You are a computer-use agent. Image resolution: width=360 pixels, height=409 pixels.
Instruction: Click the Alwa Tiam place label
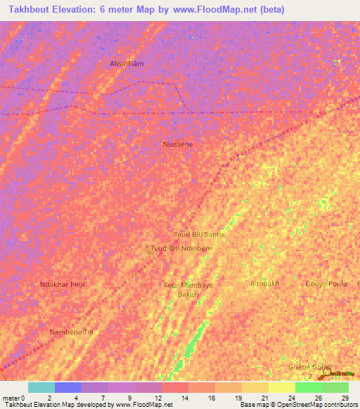[x=127, y=64]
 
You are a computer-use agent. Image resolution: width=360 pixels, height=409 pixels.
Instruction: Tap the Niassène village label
[x=177, y=144]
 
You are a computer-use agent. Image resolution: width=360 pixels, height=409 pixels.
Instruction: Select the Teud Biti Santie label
[x=199, y=234]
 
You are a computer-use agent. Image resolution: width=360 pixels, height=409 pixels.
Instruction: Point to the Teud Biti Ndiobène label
[x=182, y=248]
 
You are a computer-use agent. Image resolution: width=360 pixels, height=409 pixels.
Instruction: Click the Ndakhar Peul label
[x=63, y=284]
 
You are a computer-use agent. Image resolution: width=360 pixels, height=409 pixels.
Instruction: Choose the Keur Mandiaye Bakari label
[x=188, y=290]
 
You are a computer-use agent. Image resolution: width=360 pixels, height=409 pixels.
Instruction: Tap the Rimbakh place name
[x=265, y=283]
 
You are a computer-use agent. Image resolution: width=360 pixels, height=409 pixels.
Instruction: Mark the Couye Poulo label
[x=326, y=284]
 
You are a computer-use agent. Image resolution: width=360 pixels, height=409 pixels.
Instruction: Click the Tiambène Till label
[x=70, y=331]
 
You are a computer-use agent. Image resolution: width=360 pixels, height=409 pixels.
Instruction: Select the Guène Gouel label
[x=310, y=368]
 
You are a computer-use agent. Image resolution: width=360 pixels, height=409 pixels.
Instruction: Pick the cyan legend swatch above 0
[x=41, y=387]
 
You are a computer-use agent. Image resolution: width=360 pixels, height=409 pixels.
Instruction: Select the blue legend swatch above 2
[x=68, y=387]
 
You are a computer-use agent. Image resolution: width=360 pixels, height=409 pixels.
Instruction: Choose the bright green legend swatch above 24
[x=308, y=387]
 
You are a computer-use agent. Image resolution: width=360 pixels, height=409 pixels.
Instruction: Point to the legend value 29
[x=345, y=398]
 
